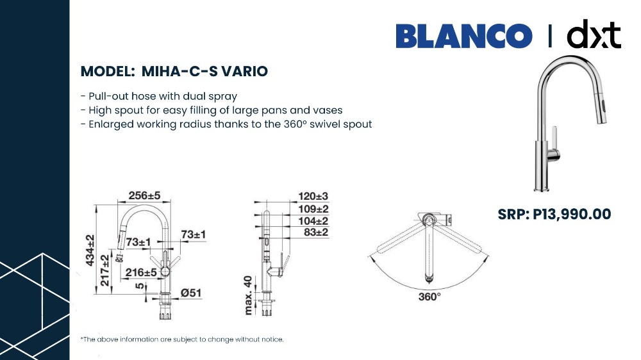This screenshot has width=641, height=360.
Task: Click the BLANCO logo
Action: [x=464, y=36]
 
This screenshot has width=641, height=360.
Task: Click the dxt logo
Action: [x=594, y=34]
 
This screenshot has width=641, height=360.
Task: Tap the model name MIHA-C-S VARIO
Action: [x=204, y=71]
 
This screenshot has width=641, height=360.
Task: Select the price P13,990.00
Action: [x=572, y=214]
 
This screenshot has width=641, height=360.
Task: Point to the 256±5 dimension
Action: [x=144, y=196]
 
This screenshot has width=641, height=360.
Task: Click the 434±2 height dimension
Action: [x=90, y=250]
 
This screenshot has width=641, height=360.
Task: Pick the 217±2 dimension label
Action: [x=104, y=270]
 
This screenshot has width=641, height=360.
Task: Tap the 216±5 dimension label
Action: [x=141, y=272]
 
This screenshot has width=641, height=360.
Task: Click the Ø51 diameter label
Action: [x=191, y=293]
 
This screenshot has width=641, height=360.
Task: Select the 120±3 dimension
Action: [x=313, y=197]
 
